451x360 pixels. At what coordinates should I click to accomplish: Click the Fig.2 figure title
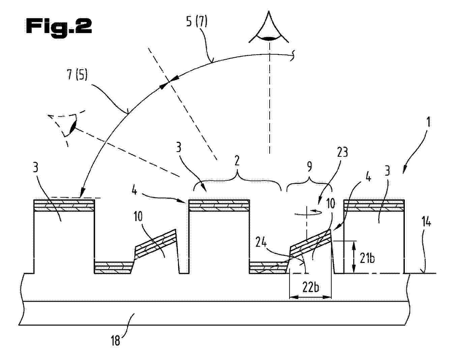(x=59, y=28)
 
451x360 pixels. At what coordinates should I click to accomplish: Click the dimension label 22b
(x=311, y=288)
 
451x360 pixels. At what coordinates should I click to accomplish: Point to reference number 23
(x=342, y=152)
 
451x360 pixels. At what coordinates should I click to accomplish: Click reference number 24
(x=261, y=243)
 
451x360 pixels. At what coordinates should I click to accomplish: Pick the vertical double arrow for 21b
(x=354, y=257)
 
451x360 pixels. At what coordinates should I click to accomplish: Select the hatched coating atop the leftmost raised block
(x=64, y=206)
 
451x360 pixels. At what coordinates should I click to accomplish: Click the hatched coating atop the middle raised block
(x=219, y=206)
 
